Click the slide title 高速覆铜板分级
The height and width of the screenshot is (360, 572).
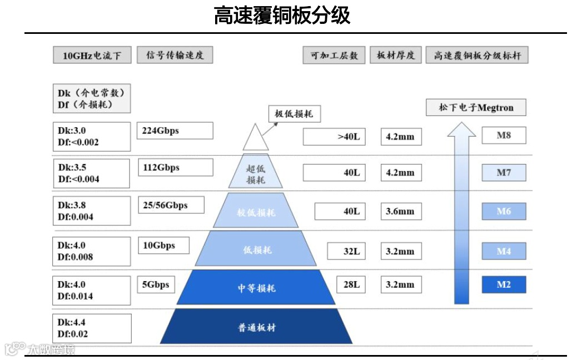(x=282, y=16)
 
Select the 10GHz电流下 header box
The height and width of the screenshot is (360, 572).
(x=92, y=56)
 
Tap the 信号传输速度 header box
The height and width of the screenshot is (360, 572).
(x=175, y=55)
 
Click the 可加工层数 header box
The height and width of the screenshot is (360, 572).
(x=334, y=55)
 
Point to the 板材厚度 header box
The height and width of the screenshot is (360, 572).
(x=395, y=55)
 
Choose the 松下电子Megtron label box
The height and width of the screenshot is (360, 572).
(x=476, y=107)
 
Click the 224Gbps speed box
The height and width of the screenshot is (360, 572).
(x=175, y=131)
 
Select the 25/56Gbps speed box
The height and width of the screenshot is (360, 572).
(x=171, y=205)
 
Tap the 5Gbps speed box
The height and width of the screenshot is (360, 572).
(x=156, y=284)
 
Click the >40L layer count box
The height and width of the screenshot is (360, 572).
(x=334, y=137)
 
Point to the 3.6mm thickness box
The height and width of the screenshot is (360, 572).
(x=400, y=211)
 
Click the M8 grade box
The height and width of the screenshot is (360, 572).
(x=504, y=135)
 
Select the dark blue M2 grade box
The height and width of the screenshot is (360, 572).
(x=504, y=284)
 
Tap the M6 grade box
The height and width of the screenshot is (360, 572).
(x=504, y=211)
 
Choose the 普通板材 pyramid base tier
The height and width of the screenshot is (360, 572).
(x=256, y=327)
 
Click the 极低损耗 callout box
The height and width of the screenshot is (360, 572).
(x=294, y=114)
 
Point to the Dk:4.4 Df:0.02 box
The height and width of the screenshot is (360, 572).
(x=92, y=328)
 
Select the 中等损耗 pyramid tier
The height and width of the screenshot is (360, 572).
(x=256, y=288)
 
